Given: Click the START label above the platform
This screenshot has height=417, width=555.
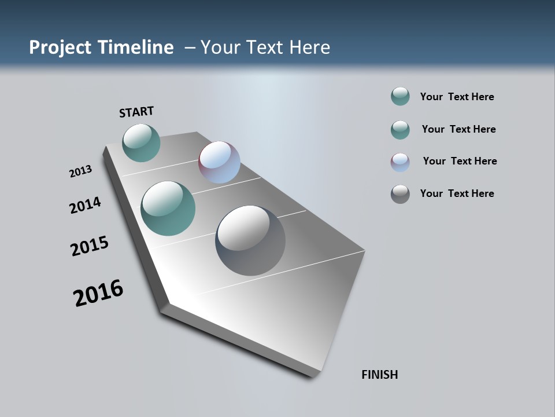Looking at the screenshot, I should [136, 112].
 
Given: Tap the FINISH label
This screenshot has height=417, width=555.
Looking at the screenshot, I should [379, 375].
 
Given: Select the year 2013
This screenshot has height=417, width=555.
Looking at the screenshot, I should [80, 171].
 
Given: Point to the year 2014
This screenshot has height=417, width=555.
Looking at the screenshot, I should [86, 205].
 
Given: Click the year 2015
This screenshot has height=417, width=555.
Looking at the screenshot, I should [90, 246].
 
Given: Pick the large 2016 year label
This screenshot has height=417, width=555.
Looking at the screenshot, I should [98, 293].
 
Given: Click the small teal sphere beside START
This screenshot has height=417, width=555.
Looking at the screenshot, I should [141, 142].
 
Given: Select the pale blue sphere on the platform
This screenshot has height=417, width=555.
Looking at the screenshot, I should [219, 162].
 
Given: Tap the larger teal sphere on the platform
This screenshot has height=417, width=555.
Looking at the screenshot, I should [168, 209].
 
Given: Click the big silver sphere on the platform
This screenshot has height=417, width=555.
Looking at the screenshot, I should [250, 240].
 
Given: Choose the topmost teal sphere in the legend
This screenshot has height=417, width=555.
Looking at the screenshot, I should [400, 96].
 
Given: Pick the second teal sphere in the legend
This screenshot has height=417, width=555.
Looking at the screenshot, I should [400, 129].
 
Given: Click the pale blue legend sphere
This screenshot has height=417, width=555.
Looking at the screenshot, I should [400, 162].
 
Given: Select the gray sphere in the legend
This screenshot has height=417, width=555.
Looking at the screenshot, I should [400, 194].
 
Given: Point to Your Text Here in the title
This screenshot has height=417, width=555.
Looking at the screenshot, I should [265, 47].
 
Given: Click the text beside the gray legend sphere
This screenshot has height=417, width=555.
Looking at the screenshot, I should [457, 193].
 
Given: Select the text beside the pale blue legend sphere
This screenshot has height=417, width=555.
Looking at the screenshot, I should [460, 161].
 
